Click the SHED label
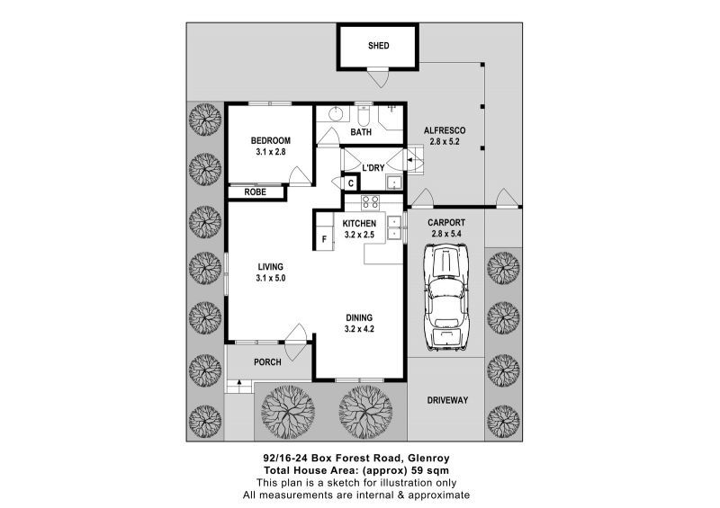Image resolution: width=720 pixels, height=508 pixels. pos(378,46)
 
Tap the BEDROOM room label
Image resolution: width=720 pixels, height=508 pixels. pos(270,140)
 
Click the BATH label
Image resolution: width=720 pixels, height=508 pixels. pos(361,133)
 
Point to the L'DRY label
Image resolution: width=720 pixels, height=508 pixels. pos(374,168)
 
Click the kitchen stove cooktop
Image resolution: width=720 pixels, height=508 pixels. pos(370,202)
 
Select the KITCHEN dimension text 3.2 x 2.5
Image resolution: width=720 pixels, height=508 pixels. pos(359,235)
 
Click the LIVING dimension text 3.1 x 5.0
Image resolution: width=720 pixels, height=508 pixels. pos(270,279)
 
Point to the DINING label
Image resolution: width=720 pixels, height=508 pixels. pos(358,317)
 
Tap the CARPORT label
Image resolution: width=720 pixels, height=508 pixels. pos(446,222)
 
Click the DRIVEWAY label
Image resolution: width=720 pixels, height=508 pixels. pos(446,400)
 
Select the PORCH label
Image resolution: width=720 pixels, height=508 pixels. pos(267,362)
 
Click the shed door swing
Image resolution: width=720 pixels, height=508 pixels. pos(382,79)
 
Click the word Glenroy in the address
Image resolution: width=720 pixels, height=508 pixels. pos(447,458)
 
